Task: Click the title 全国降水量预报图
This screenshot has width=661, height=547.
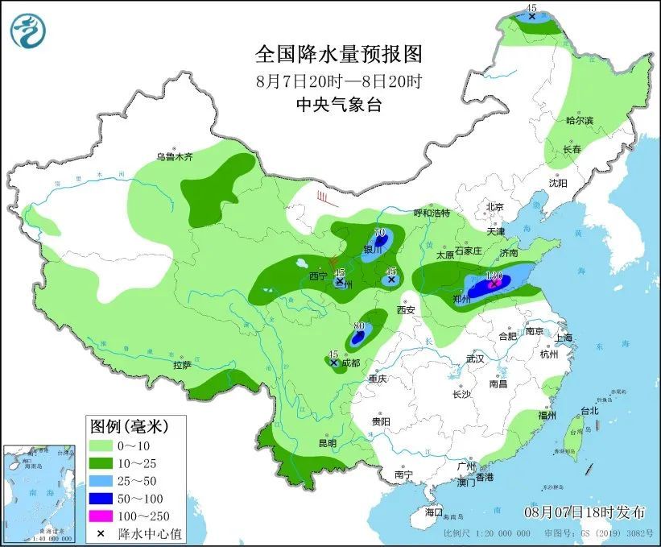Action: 338,54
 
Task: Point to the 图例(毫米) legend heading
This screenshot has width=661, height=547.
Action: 126,425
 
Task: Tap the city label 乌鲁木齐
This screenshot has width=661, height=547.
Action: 175,157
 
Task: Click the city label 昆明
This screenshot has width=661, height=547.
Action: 326,443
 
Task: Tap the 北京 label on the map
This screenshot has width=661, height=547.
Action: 494,207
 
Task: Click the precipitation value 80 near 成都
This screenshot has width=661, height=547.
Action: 359,325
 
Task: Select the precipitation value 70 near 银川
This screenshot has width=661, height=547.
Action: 379,232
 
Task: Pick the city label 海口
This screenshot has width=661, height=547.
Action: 433,512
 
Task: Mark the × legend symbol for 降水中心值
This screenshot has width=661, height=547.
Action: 101,533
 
